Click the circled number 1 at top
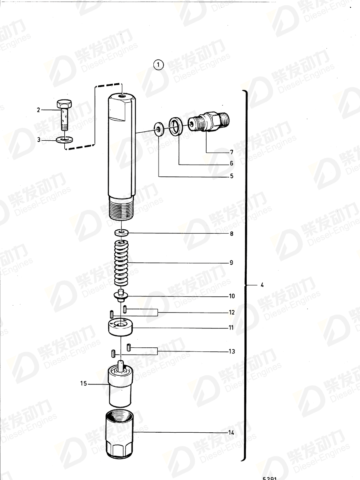[158, 65]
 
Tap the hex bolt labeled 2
[64, 114]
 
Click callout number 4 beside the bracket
[262, 285]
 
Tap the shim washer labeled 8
[121, 233]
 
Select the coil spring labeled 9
[121, 262]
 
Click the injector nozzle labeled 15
[121, 384]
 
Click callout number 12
[232, 313]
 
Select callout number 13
[232, 351]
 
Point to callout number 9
[231, 263]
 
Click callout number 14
[231, 433]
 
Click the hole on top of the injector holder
[122, 96]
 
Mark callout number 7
[231, 152]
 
